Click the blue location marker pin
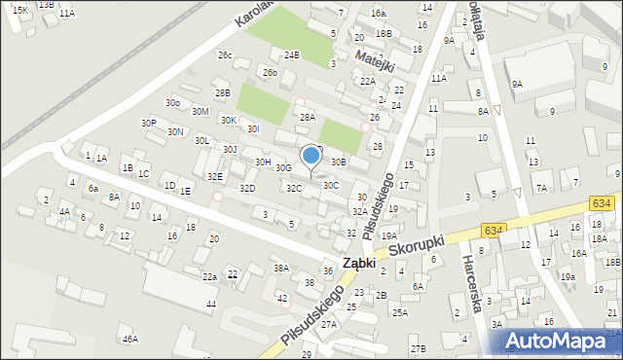(x=311, y=157)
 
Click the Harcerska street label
(x=473, y=284)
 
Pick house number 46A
(x=130, y=340)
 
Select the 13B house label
(x=47, y=4)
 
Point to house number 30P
(x=148, y=124)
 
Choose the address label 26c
(x=225, y=55)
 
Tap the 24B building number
(x=291, y=55)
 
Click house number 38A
(x=280, y=268)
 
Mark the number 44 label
(x=210, y=305)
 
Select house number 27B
(x=418, y=348)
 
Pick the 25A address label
(x=399, y=312)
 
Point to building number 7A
(x=541, y=188)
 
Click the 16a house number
(x=379, y=14)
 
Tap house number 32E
(x=215, y=176)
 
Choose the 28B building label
(x=223, y=92)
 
